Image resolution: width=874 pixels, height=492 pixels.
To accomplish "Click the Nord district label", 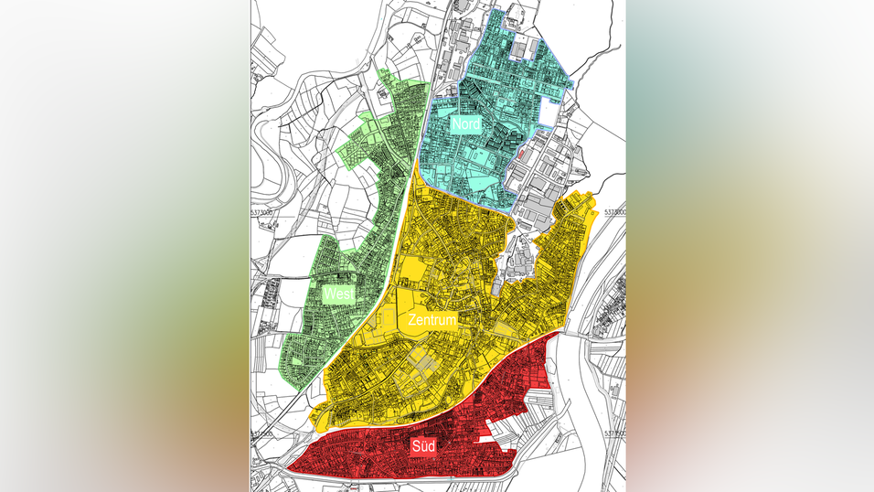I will tap(465, 123).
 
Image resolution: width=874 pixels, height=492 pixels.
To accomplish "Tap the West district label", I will tap(337, 294).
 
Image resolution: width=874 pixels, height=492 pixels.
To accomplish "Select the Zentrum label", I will tap(432, 320).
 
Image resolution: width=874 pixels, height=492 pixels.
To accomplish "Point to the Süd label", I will tap(422, 445).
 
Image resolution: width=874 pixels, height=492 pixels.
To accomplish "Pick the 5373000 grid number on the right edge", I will tap(614, 211).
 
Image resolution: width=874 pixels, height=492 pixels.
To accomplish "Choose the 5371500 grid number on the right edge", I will tap(614, 433).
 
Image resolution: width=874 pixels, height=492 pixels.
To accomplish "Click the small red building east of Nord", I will tap(521, 155).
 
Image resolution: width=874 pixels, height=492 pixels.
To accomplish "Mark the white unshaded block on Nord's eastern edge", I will tap(548, 111).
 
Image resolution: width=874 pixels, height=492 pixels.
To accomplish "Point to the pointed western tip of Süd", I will tap(291, 469).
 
